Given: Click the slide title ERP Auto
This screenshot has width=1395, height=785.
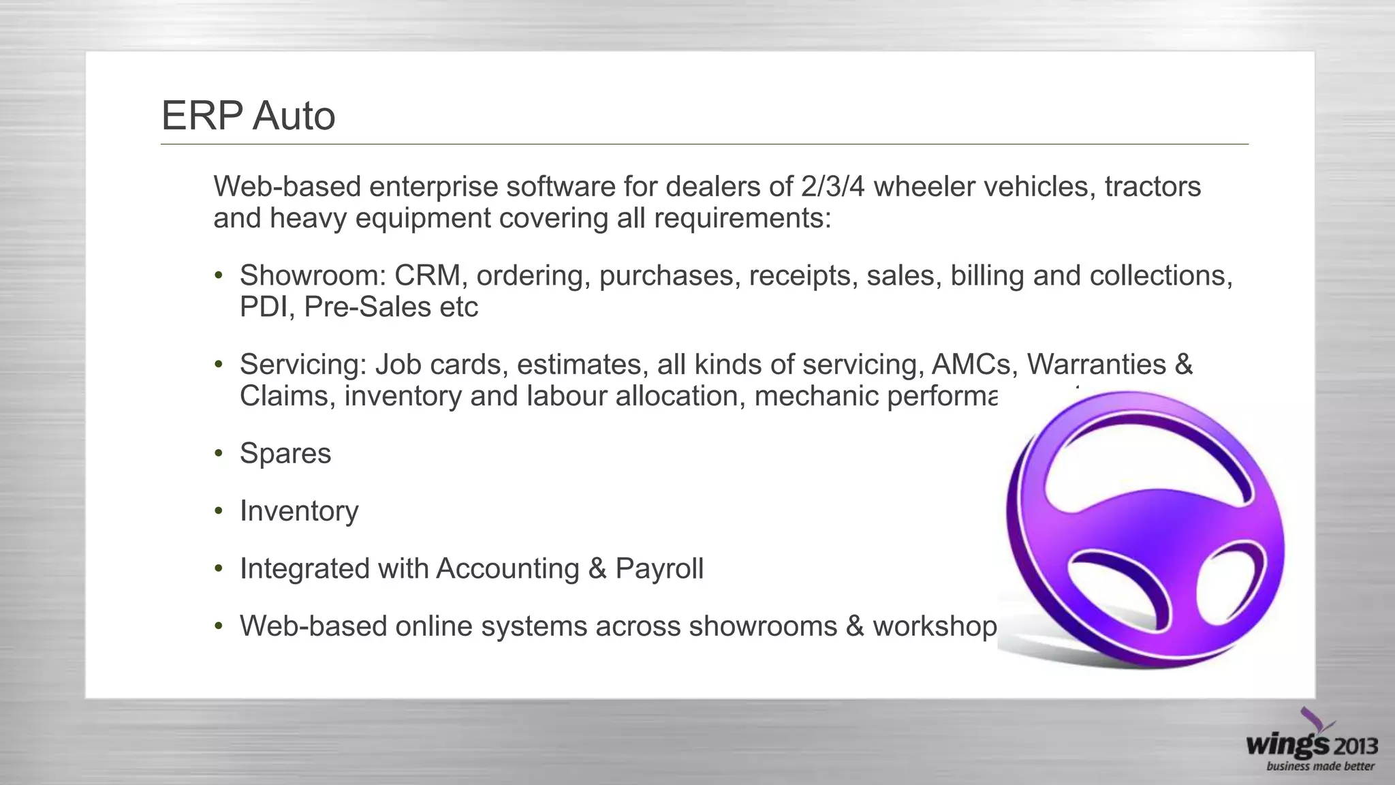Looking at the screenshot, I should pos(248,115).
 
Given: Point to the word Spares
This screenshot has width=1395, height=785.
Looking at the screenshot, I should pos(285,454).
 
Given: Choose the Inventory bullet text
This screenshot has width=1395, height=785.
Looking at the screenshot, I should pos(298,511).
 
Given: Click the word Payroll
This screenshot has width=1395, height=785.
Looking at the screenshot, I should pos(659,568).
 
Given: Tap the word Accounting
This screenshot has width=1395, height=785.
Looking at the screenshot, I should pos(507,568).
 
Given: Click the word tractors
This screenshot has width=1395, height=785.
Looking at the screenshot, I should pos(1153,186).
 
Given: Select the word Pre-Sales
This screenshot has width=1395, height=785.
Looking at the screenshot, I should pos(367,307).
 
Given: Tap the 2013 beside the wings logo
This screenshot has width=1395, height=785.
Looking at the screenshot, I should pos(1355,746).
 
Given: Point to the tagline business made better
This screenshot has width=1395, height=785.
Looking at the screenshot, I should pos(1320,767).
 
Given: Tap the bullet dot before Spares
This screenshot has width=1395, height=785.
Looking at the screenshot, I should pos(218,454).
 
